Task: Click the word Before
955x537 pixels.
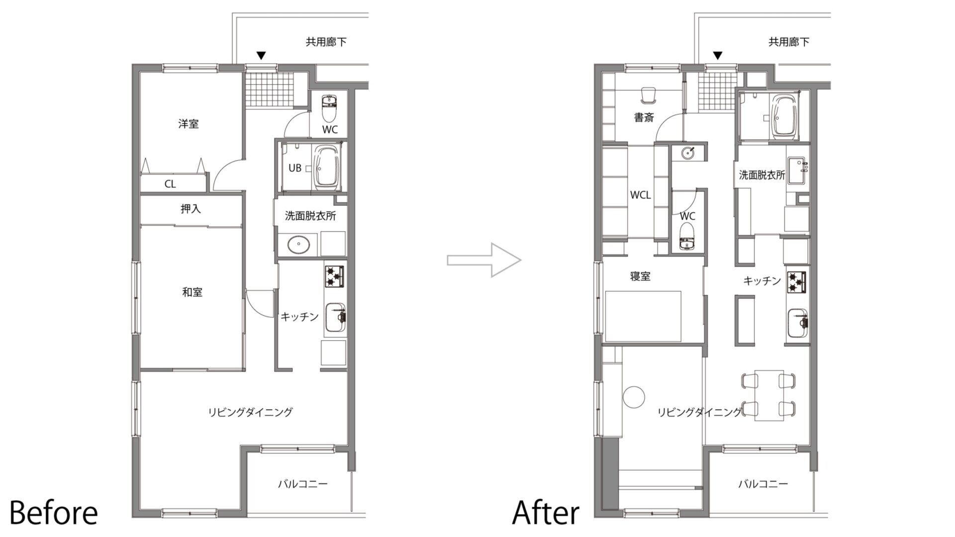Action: click(x=54, y=513)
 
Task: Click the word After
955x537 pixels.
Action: click(x=546, y=513)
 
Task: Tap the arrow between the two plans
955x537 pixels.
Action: click(x=484, y=260)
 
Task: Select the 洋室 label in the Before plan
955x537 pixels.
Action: click(x=189, y=123)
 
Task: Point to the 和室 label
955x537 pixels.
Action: click(x=192, y=292)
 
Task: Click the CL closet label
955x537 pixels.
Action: click(x=170, y=184)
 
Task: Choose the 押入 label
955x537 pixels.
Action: click(x=191, y=209)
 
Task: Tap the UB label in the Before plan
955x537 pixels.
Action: click(x=295, y=168)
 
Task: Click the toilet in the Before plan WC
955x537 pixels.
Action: click(x=329, y=108)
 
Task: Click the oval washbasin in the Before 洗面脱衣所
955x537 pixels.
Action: click(x=298, y=244)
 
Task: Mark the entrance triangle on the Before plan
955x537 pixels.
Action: click(x=261, y=55)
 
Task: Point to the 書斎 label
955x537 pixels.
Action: click(x=644, y=118)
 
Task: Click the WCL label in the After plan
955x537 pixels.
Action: click(x=640, y=195)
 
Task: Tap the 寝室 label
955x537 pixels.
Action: click(x=640, y=276)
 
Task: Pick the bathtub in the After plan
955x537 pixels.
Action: click(x=784, y=116)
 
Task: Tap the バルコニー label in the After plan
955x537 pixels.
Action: click(x=763, y=483)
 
